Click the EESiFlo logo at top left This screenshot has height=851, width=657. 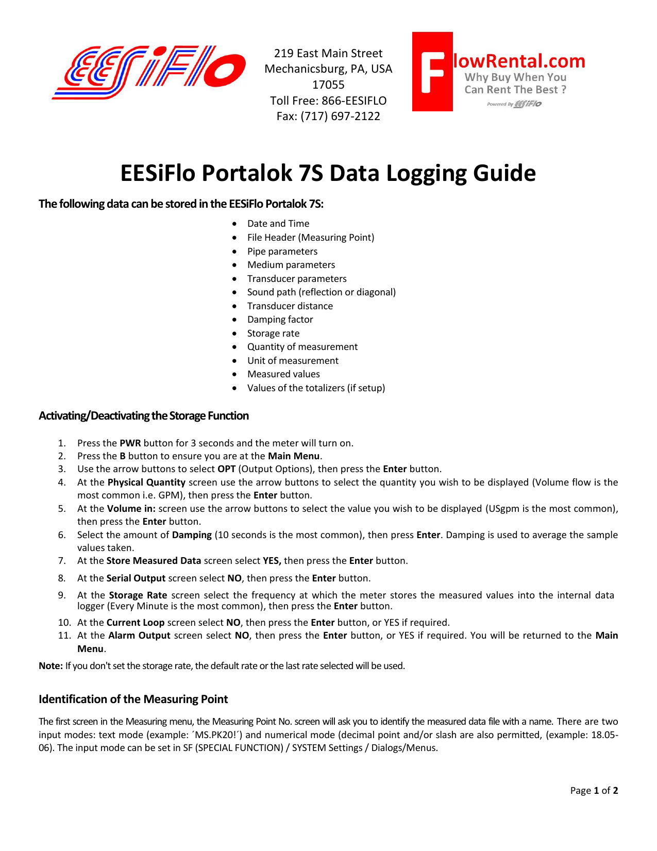148,72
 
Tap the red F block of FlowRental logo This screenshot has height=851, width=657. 432,72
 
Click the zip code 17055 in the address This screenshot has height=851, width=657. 328,85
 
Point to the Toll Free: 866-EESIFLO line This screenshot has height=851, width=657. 328,101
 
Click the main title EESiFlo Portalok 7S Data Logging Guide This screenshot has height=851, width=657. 328,173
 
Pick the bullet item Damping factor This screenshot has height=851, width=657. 280,320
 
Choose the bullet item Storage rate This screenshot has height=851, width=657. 273,333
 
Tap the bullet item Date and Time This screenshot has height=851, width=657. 278,224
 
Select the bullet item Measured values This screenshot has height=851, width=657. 283,374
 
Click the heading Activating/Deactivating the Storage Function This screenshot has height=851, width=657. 143,416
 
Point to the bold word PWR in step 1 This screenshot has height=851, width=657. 130,443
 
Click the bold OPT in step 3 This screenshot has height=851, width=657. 226,469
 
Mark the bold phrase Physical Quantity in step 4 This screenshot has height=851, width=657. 146,482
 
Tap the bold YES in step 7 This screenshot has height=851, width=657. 272,561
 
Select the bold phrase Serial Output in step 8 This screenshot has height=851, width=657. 136,578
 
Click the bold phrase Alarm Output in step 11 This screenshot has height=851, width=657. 139,636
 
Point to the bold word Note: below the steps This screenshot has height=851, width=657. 50,666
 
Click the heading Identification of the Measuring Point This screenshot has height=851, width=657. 133,699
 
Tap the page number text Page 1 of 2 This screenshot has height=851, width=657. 594,791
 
